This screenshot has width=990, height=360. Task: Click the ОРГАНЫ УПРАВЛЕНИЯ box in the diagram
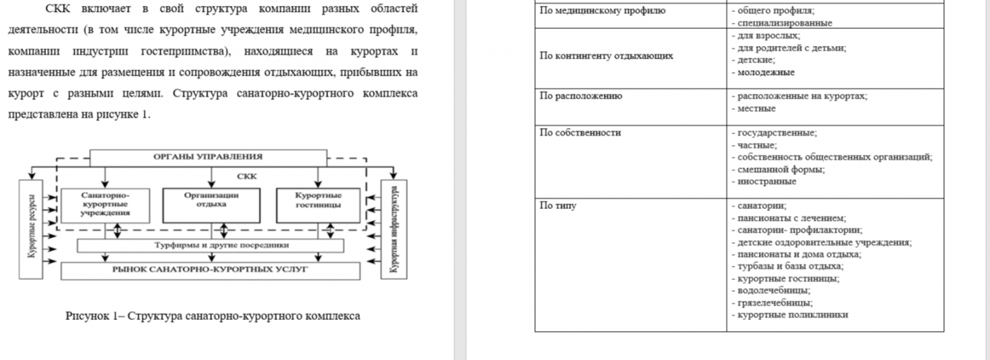(x=207, y=157)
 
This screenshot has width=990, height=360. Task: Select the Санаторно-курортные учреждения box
(x=105, y=204)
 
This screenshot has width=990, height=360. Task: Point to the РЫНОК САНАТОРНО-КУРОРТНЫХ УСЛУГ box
(x=210, y=270)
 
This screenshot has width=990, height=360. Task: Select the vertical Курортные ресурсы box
(x=33, y=230)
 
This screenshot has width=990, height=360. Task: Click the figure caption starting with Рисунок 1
(x=213, y=316)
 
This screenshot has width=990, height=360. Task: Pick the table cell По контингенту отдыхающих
(x=607, y=56)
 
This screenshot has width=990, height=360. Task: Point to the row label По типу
(x=558, y=206)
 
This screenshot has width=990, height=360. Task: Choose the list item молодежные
(x=766, y=73)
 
